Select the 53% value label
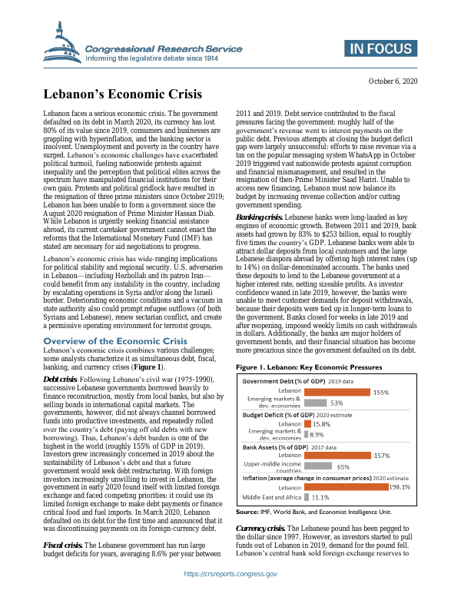(337, 403)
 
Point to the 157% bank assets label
(383, 455)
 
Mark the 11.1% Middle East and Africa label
(321, 498)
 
